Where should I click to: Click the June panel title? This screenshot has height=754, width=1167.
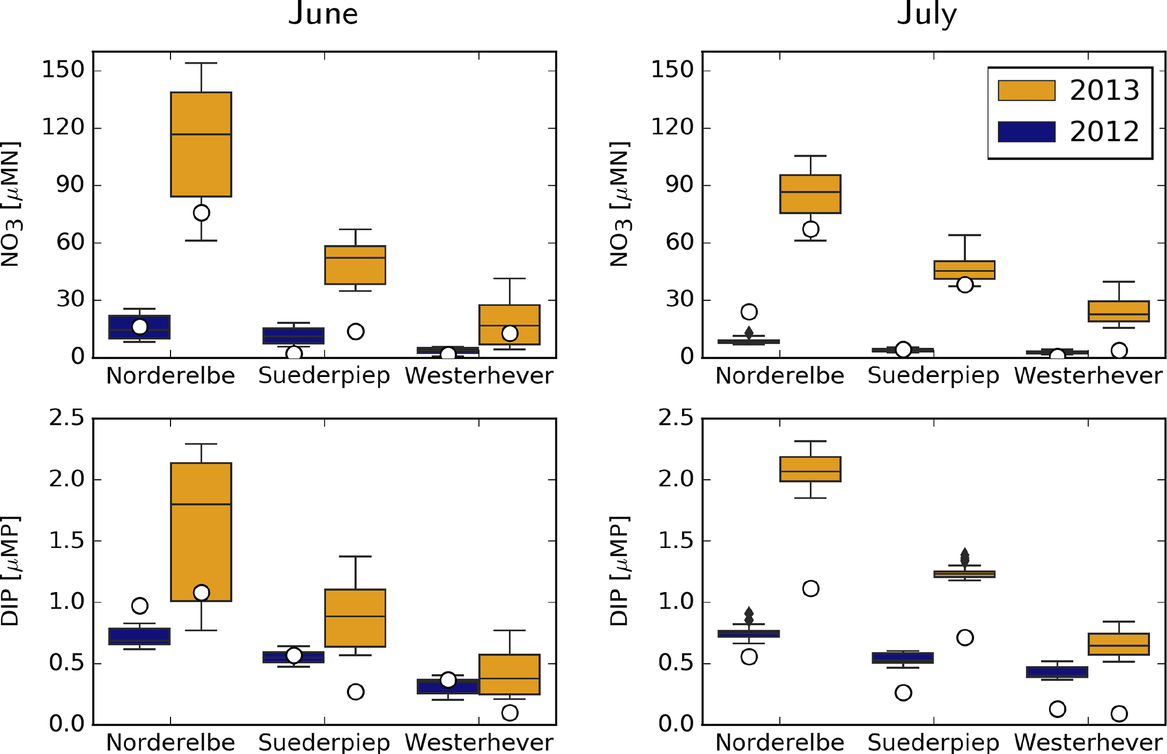click(323, 14)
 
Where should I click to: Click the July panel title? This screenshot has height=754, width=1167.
click(926, 14)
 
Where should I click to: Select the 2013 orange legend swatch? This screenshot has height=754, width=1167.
click(1026, 90)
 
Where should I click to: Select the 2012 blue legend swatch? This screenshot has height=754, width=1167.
click(1026, 132)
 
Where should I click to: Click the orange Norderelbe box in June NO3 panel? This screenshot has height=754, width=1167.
click(201, 144)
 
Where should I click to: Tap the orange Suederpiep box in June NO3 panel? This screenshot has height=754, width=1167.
click(355, 265)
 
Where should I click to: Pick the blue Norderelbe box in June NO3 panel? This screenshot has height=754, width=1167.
click(139, 327)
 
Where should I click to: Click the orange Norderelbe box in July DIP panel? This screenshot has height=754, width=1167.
click(810, 469)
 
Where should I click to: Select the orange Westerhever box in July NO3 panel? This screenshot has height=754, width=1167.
click(1118, 311)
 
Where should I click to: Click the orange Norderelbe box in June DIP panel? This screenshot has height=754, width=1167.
click(201, 532)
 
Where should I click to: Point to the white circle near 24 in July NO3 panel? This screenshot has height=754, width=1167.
click(749, 312)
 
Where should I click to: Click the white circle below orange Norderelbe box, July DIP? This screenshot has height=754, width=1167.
click(810, 589)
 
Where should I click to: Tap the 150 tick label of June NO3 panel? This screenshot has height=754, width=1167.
click(63, 71)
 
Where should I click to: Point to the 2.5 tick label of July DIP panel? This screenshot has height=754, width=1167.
click(672, 418)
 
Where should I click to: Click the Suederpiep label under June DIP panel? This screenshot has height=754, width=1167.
click(324, 742)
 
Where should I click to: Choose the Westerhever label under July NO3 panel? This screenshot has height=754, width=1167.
click(1088, 376)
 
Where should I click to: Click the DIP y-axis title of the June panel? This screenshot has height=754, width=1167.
click(11, 571)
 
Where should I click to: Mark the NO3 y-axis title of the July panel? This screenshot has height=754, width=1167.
click(620, 204)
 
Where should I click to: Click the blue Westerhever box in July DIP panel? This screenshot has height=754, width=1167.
click(1057, 672)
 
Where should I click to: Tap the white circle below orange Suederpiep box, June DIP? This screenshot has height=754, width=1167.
click(355, 691)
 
